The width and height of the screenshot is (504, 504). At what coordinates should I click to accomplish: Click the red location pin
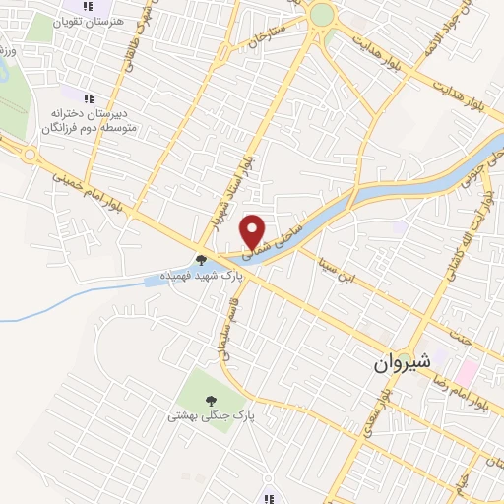point(254,229)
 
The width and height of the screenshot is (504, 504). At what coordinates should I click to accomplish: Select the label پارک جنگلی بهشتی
point(210,416)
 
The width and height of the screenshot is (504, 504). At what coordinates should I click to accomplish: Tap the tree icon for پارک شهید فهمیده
point(202,260)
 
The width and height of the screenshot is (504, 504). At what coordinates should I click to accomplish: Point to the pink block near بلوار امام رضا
point(466,372)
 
